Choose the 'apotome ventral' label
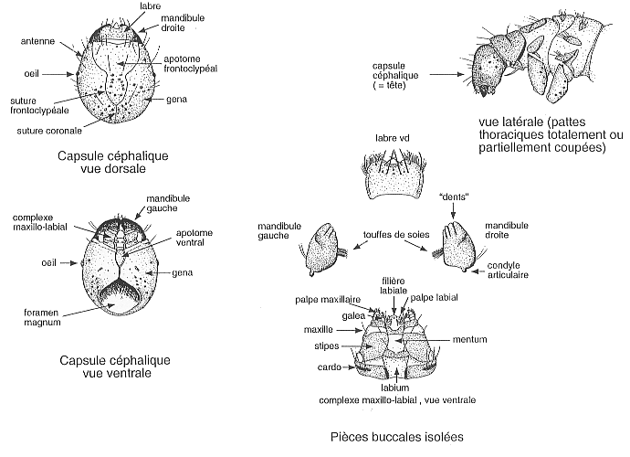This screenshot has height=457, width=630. pyautogui.click(x=191, y=239)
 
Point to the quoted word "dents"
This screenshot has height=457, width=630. pyautogui.click(x=454, y=197)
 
